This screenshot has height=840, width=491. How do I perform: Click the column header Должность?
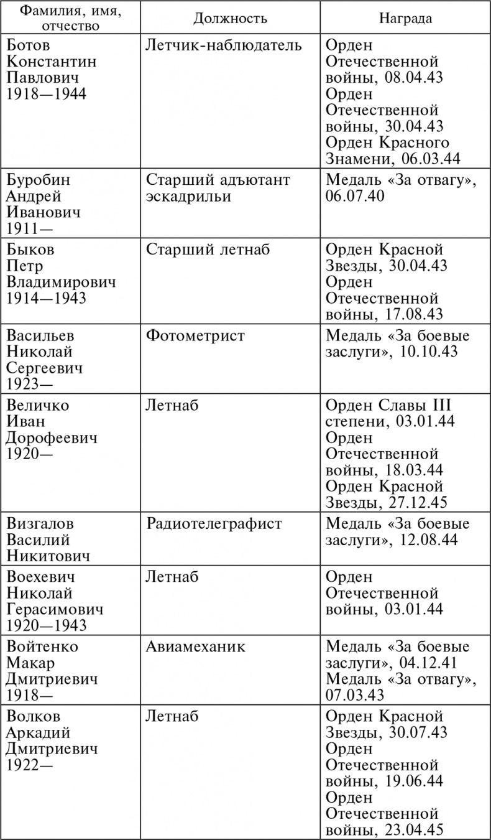click(230, 18)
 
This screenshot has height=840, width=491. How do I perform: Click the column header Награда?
click(405, 18)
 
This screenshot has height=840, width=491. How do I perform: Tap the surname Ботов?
click(27, 46)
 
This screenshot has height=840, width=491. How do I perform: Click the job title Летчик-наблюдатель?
click(224, 46)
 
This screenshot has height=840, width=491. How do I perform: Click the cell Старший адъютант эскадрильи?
click(218, 189)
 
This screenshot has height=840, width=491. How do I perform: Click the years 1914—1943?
click(46, 298)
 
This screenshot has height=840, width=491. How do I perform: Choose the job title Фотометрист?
click(196, 336)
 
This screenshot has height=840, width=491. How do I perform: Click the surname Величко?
click(38, 406)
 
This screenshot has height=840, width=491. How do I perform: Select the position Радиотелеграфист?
click(214, 524)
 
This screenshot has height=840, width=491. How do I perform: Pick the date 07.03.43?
click(354, 695)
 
